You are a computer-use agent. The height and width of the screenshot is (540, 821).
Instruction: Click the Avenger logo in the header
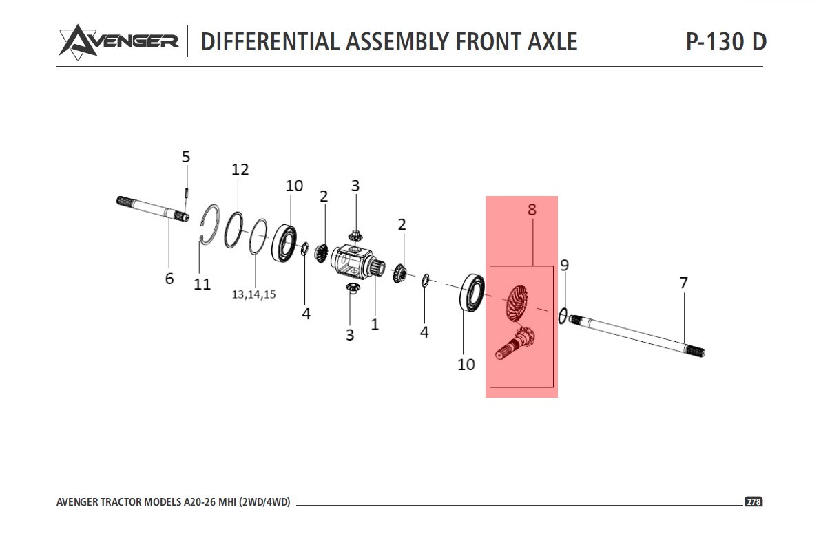pyautogui.click(x=118, y=41)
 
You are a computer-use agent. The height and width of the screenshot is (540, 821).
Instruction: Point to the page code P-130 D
pyautogui.click(x=725, y=41)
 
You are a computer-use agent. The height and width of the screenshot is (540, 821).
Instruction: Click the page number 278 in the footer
pyautogui.click(x=754, y=502)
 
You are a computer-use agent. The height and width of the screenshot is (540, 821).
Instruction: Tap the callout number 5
pyautogui.click(x=186, y=157)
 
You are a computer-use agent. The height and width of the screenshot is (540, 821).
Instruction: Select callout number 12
pyautogui.click(x=240, y=169)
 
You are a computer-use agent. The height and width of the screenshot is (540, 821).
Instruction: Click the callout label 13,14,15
pyautogui.click(x=253, y=294)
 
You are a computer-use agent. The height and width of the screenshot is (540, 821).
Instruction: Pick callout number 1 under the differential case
pyautogui.click(x=375, y=324)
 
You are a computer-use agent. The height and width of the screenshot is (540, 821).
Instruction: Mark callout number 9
pyautogui.click(x=565, y=265)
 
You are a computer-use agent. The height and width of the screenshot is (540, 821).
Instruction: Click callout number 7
pyautogui.click(x=683, y=283)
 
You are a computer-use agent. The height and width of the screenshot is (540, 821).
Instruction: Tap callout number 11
pyautogui.click(x=202, y=283)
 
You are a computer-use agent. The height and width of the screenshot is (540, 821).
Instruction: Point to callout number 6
pyautogui.click(x=169, y=279)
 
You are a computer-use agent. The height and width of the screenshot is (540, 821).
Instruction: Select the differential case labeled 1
pyautogui.click(x=355, y=264)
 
